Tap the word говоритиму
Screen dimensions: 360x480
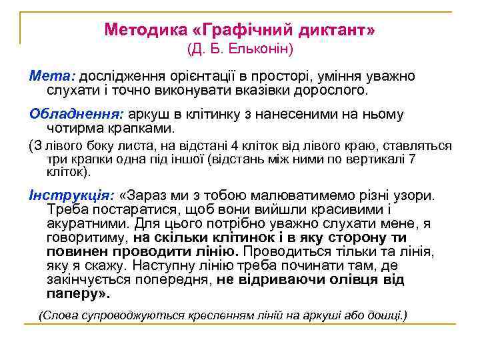pyautogui.click(x=87, y=237)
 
